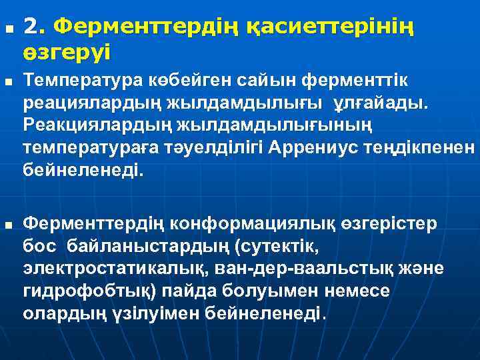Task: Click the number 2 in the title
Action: (30, 27)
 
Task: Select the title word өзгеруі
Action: (67, 51)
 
